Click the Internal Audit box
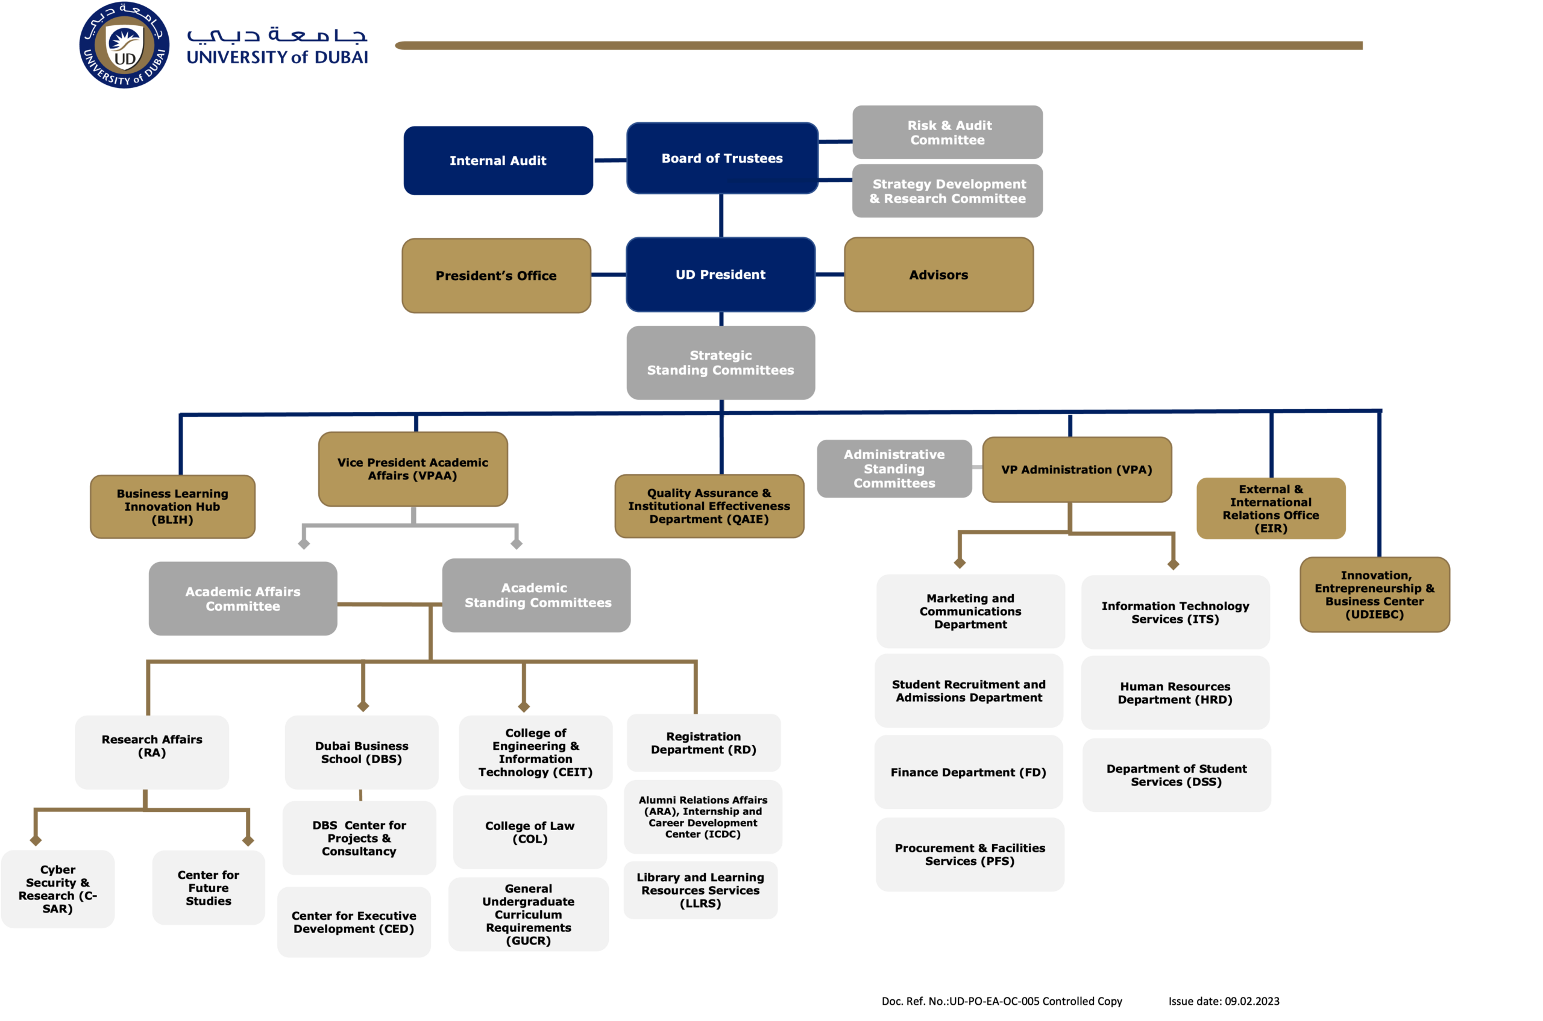[x=498, y=160]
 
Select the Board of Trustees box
[x=722, y=158]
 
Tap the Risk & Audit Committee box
[x=947, y=132]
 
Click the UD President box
[x=720, y=274]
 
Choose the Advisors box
[x=938, y=274]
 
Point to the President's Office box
[x=496, y=275]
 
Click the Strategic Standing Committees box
[x=720, y=363]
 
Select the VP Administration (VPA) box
[x=1076, y=469]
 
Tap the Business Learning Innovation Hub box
[x=172, y=507]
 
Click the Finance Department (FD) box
[x=968, y=772]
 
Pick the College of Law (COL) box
[x=530, y=832]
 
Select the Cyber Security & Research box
[x=57, y=889]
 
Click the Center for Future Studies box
[x=209, y=887]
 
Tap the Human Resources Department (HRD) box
[x=1175, y=693]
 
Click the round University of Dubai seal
[x=124, y=46]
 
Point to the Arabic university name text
[x=277, y=34]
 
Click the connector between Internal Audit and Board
[x=611, y=160]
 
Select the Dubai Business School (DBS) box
[x=362, y=752]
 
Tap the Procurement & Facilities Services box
[x=970, y=854]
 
